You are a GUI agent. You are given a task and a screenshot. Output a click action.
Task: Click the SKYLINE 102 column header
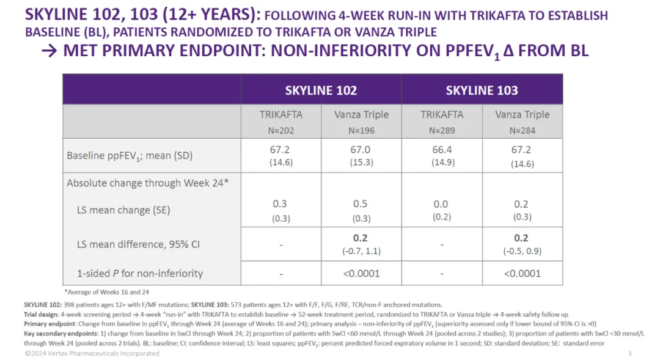pos(321,90)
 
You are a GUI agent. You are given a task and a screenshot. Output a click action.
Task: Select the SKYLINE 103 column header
pos(482,90)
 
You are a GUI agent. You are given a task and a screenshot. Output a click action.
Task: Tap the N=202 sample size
pos(280,130)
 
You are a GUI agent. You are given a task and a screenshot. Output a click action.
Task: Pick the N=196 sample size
pos(362,130)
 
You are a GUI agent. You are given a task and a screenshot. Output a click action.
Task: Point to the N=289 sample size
pos(442,130)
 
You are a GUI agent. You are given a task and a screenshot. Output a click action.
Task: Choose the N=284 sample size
pos(522,130)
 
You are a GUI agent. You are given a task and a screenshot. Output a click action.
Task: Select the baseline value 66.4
pos(442,150)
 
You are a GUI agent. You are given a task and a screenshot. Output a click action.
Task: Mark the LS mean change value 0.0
pos(441,204)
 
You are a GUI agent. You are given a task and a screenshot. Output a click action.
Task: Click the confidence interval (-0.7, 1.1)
pos(361,251)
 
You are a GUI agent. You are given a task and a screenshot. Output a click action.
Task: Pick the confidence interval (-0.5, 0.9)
pos(522,251)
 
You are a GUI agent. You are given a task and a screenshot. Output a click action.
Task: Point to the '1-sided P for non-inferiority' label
pos(140,273)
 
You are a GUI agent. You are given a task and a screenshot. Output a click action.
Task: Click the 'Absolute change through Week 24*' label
pos(147,183)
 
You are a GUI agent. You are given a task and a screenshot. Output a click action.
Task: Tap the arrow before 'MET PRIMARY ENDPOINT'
pos(48,51)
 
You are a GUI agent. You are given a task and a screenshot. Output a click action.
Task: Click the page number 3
pos(629,353)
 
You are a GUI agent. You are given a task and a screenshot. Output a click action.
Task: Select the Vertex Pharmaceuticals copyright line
pos(92,353)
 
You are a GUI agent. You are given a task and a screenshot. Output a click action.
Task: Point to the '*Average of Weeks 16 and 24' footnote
pos(106,292)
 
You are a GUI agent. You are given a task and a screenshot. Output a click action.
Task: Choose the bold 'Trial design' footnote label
pos(42,314)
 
